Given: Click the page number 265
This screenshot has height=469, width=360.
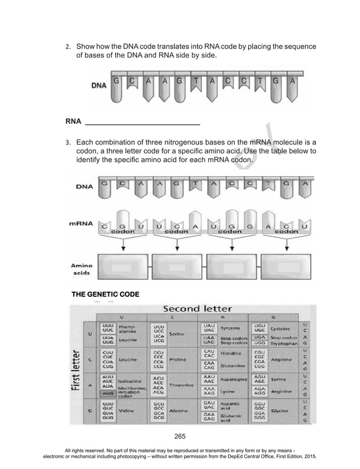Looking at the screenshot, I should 180,435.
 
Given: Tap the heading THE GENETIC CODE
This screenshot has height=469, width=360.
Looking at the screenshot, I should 105,295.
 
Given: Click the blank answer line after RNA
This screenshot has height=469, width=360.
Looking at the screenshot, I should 142,121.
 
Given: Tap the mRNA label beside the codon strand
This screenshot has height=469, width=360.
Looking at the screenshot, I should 82,223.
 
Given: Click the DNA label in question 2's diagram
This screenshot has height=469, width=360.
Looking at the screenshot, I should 99,86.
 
